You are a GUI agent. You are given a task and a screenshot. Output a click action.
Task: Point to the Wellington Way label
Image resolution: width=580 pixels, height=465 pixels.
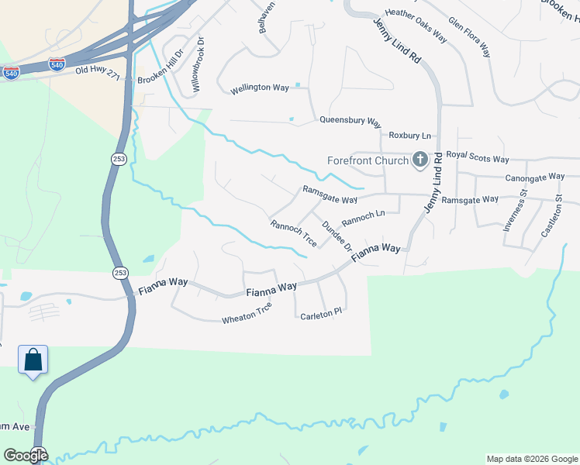coord(260,88)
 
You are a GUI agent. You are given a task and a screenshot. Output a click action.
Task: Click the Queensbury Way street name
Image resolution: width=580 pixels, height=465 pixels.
coord(350,122)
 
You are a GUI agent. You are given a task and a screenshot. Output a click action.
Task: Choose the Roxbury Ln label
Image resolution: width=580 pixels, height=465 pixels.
coord(409,135)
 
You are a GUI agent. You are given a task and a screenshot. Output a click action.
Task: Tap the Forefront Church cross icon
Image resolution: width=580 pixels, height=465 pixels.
coord(419,160)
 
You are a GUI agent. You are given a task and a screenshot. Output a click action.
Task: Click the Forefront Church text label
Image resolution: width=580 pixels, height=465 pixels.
coord(367,161)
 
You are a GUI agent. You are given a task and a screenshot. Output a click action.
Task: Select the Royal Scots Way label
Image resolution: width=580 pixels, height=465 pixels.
coord(478,159)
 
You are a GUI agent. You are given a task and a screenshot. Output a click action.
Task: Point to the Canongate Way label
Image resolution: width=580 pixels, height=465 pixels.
coord(535,177)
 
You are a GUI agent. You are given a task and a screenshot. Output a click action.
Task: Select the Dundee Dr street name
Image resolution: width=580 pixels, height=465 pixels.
coord(337,236)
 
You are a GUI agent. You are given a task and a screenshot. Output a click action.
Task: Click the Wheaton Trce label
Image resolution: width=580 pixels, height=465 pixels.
coord(247,314)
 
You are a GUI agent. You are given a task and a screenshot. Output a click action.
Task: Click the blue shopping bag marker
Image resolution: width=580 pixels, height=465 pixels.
coord(33,360)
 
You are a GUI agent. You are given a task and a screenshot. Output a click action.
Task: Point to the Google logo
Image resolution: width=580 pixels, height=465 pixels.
coord(26,456)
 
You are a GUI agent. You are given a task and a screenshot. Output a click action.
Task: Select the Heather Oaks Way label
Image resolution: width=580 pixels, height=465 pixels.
coord(416,25)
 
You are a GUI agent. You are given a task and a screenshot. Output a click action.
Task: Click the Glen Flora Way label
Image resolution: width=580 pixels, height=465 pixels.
coord(469,38)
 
